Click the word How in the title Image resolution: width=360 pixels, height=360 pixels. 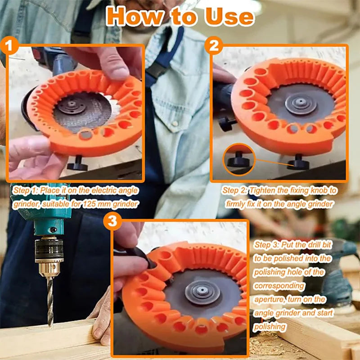(x=133, y=16)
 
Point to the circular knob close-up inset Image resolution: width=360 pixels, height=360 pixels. (x=238, y=158)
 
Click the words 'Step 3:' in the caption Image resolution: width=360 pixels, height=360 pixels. (x=266, y=245)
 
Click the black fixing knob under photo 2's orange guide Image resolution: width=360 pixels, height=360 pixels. (x=298, y=162)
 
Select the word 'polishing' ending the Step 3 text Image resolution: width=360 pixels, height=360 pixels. (x=270, y=326)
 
